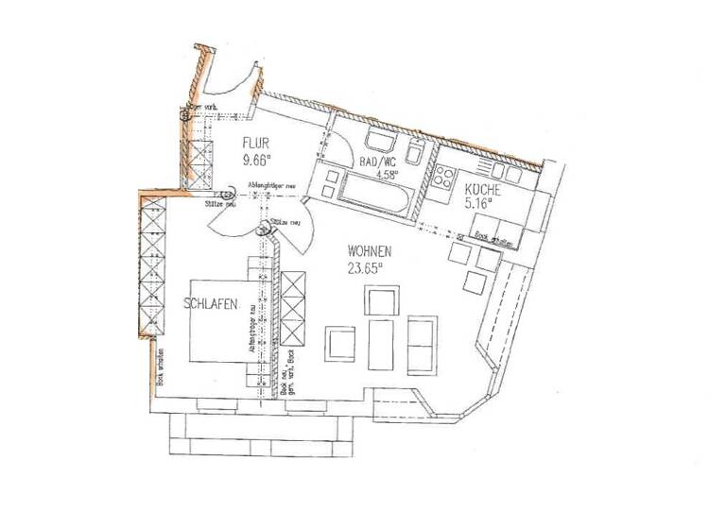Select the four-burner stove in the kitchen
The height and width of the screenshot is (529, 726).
tap(445, 177)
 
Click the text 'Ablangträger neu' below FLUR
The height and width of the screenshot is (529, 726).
tap(275, 186)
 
